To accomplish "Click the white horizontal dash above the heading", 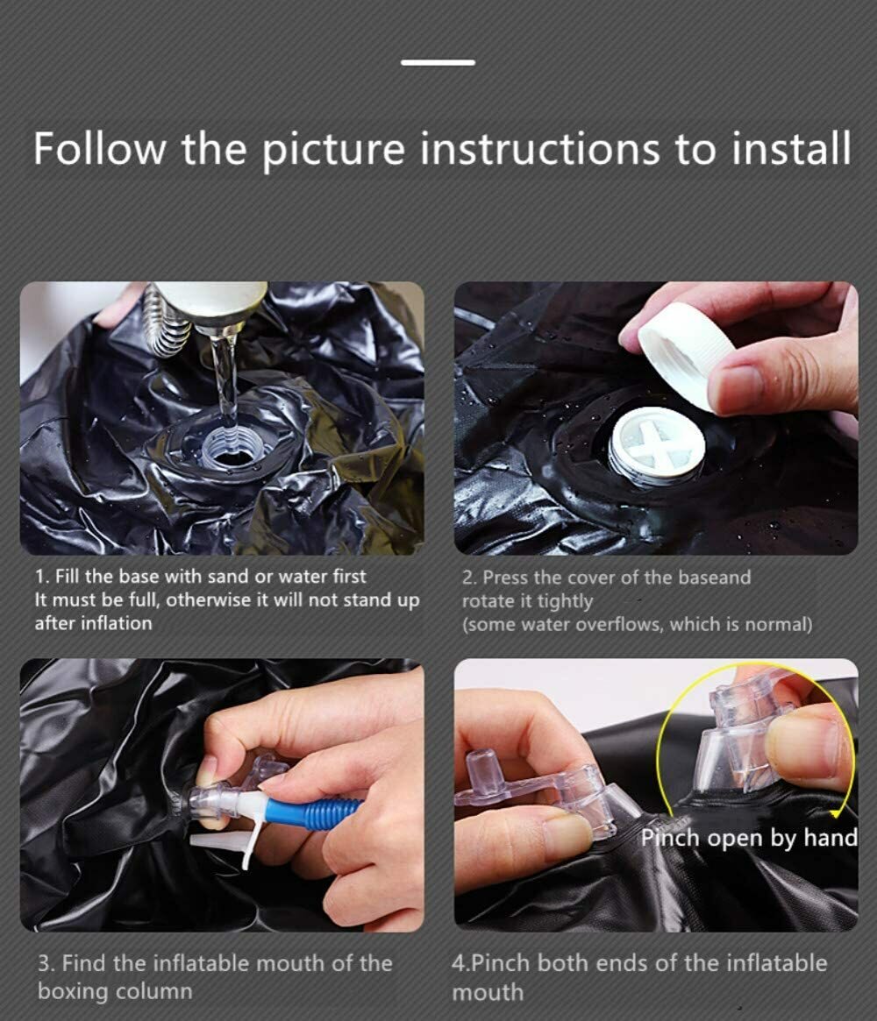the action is [438, 62].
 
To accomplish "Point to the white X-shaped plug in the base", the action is [658, 448].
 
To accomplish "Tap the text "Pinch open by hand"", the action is [749, 837].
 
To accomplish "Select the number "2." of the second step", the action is [470, 578].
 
